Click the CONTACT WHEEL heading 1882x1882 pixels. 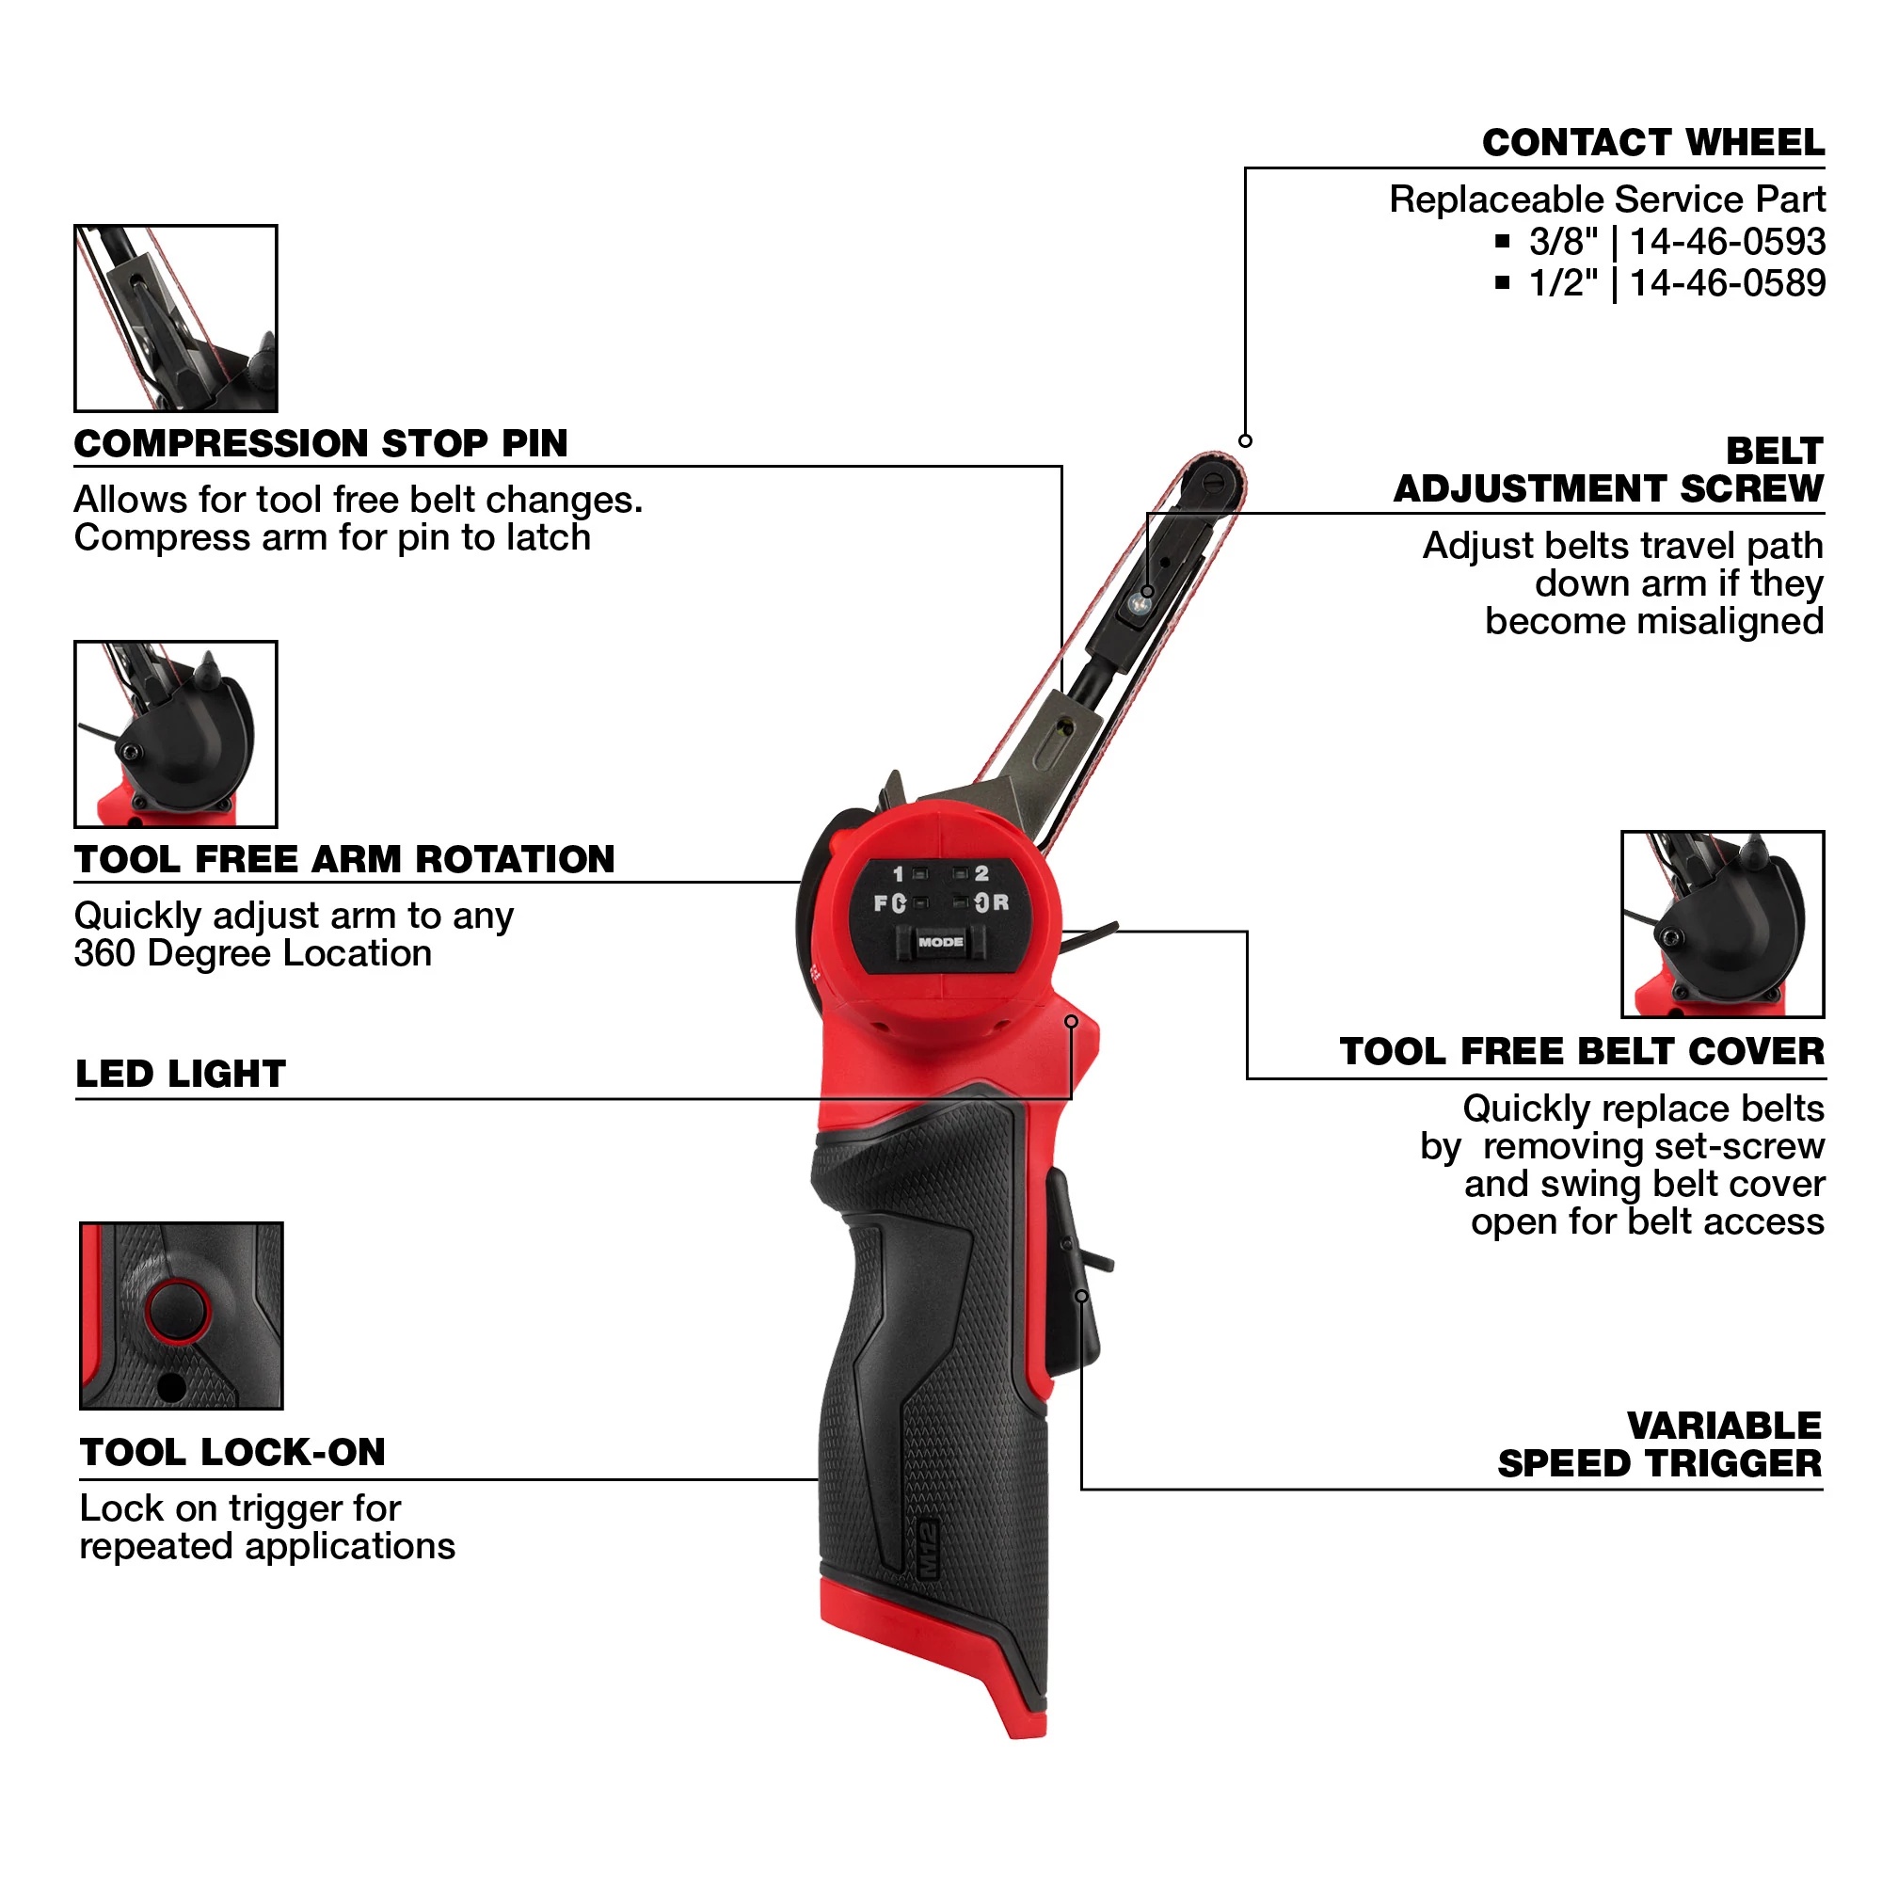tap(1652, 143)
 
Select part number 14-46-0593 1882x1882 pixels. tap(1726, 242)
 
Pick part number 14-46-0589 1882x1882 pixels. tap(1726, 283)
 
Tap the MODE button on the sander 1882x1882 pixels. tap(940, 942)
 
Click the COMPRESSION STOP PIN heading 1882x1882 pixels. tap(321, 444)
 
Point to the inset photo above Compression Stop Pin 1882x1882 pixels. tap(176, 319)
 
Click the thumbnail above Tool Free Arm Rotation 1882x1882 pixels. tap(176, 735)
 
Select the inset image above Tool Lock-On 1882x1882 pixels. tap(182, 1316)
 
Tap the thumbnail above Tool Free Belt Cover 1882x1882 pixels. tap(1721, 923)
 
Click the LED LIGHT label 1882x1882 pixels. tap(182, 1075)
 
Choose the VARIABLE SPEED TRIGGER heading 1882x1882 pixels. tap(1658, 1444)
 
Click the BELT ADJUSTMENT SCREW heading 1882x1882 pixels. tap(1607, 470)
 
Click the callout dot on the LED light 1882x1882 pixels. tap(1071, 1021)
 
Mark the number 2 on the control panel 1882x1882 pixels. tap(981, 874)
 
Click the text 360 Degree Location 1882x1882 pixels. tap(253, 953)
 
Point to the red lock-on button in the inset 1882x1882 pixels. tap(177, 1310)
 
